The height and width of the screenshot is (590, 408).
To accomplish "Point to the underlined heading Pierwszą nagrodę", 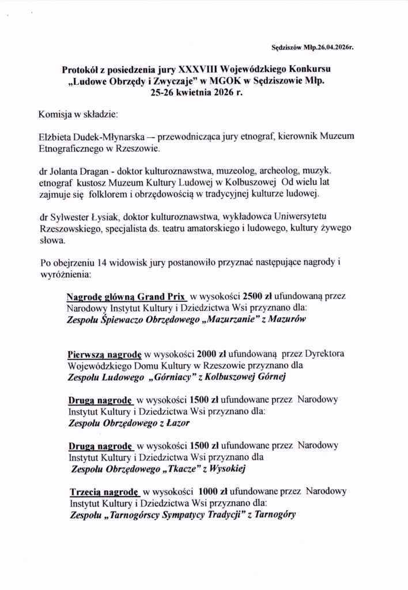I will tap(103, 353).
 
